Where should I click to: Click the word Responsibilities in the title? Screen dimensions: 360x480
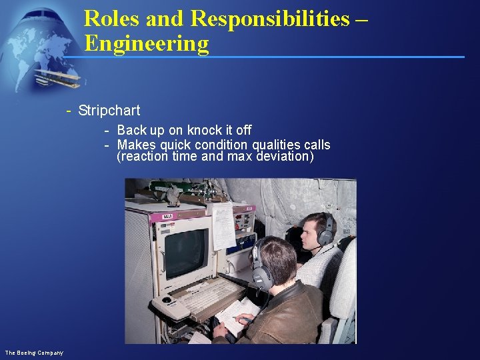[269, 19]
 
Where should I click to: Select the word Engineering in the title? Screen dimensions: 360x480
[147, 44]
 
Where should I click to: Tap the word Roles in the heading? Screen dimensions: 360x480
[112, 19]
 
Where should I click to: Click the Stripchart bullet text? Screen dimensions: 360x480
[109, 111]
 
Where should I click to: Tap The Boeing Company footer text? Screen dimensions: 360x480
[34, 352]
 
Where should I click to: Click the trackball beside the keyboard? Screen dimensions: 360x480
[167, 301]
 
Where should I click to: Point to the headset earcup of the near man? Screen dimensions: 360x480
[261, 275]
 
